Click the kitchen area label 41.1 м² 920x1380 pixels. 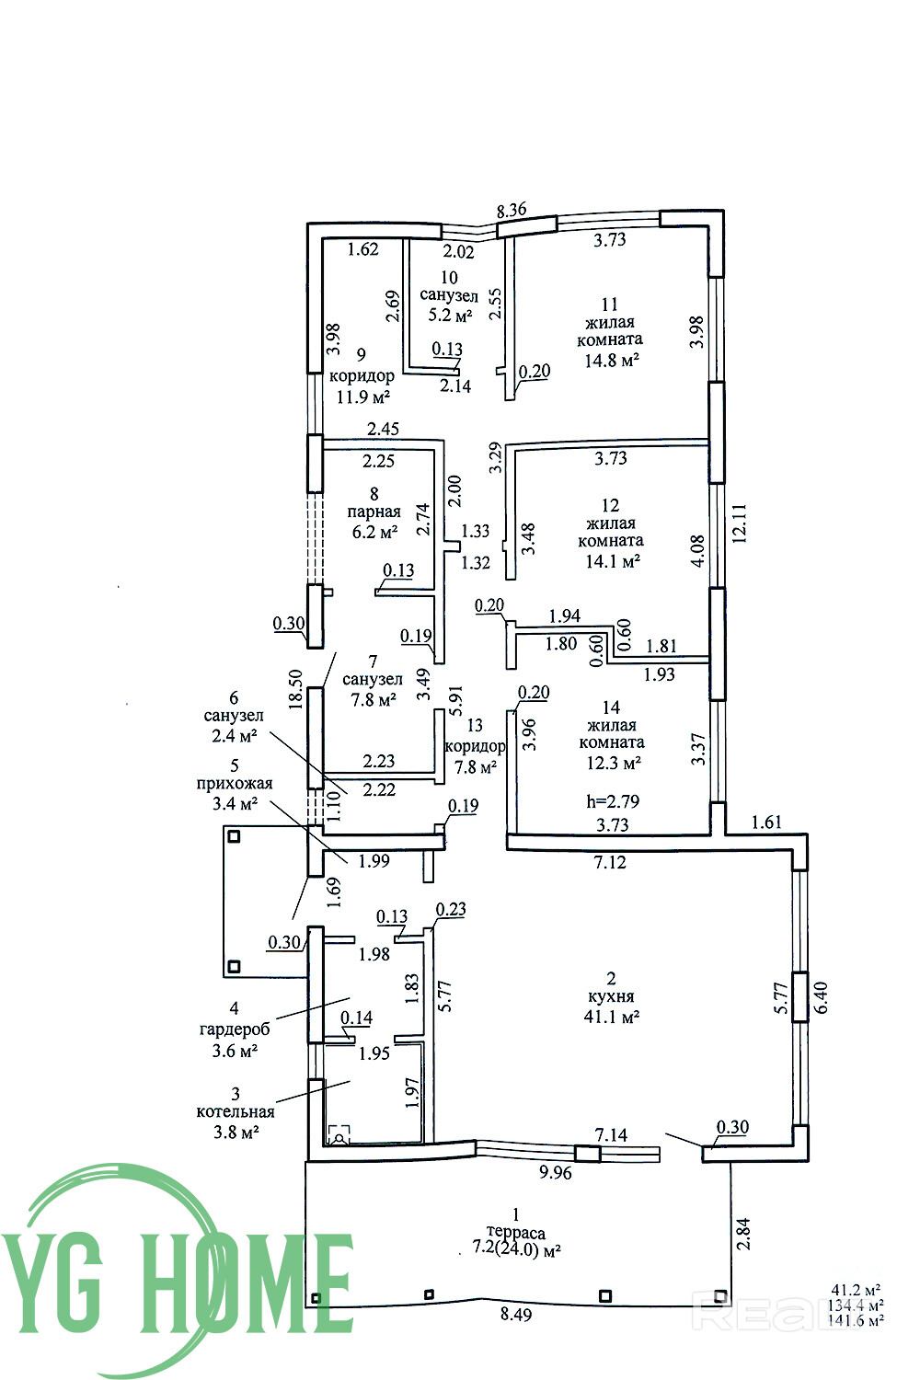point(611,1016)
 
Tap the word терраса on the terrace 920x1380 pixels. point(516,1232)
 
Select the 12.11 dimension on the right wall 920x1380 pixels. point(740,523)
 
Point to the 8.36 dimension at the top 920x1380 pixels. point(512,210)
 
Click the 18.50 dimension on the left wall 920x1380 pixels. point(296,689)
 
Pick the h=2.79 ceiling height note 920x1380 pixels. point(613,801)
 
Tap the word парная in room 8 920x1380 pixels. point(374,512)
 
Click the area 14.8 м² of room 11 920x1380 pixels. point(611,360)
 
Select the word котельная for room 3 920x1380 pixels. point(235,1112)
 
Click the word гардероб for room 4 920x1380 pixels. point(234,1029)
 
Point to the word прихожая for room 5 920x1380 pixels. point(235,784)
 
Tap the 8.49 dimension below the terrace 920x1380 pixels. point(516,1314)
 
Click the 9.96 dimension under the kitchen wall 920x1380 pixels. point(555,1172)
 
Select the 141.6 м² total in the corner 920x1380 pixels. point(856,1319)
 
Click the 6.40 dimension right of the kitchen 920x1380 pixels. point(821,997)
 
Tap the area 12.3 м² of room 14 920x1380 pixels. point(613,764)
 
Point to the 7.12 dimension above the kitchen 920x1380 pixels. point(610,862)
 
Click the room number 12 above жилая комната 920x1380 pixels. point(610,505)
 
